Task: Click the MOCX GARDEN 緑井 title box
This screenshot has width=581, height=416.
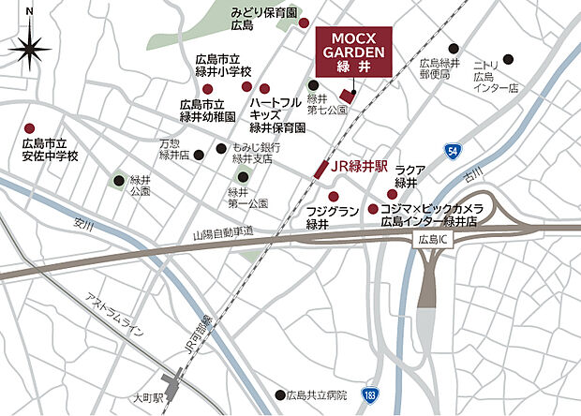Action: pyautogui.click(x=354, y=50)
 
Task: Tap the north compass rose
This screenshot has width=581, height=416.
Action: pyautogui.click(x=32, y=47)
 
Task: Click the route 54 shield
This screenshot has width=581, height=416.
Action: pyautogui.click(x=454, y=151)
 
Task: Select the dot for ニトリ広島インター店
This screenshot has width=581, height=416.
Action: pyautogui.click(x=508, y=58)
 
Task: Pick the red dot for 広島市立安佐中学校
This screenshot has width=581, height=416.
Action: pyautogui.click(x=29, y=128)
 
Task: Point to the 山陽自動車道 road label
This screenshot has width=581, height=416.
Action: pyautogui.click(x=224, y=230)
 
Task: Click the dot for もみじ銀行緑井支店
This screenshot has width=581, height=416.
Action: pyautogui.click(x=220, y=148)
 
